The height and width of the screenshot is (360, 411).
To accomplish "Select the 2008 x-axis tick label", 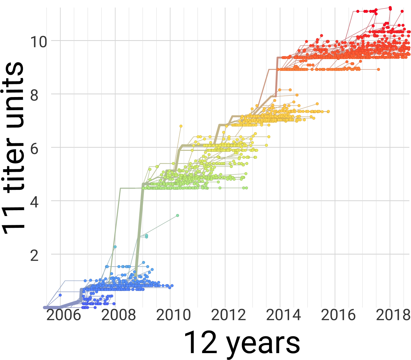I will tap(118, 315).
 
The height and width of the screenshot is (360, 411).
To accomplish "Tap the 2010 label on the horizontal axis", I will tap(173, 315).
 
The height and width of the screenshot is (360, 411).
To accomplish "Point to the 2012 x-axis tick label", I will tap(228, 315).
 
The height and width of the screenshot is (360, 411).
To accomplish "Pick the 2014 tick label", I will tap(283, 315).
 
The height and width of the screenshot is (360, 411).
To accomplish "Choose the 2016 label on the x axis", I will tap(338, 315).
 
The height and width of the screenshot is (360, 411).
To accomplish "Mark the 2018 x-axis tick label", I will tap(393, 315).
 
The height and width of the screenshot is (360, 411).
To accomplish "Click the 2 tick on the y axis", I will tap(34, 255).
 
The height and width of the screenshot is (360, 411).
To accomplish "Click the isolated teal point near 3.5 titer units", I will tap(177, 215).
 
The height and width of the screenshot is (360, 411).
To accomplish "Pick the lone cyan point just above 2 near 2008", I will tap(115, 247).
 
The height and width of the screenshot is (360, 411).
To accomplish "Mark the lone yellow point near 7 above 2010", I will tap(181, 126).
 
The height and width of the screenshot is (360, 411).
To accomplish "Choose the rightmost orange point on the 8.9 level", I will tap(379, 70).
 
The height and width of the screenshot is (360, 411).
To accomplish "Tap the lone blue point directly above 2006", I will tap(60, 295).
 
